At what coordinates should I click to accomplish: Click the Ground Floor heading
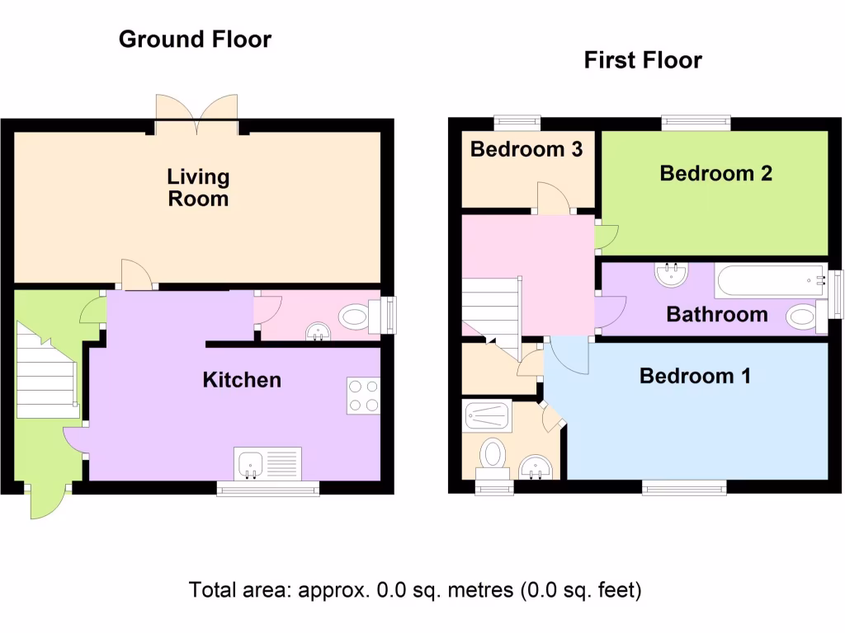pos(195,39)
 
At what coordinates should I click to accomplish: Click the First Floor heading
pos(643,60)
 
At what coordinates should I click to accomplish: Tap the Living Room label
pos(198,187)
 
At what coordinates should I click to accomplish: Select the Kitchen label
pos(242,380)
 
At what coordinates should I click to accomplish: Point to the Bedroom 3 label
pos(526,149)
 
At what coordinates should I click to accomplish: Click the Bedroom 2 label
pos(715,173)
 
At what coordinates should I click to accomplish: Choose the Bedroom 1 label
pos(695,376)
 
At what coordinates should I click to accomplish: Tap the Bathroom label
pos(716,314)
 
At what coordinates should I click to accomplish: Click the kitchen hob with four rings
pos(363,396)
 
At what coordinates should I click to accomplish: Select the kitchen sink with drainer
pos(268,464)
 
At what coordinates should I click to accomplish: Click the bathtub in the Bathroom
pos(771,280)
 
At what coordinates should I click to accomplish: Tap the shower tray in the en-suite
pos(488,411)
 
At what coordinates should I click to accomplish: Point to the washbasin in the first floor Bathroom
pos(672,274)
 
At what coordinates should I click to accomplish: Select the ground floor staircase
pos(47,371)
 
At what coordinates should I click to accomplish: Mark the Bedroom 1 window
pos(684,489)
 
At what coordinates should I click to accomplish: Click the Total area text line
pos(415,590)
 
